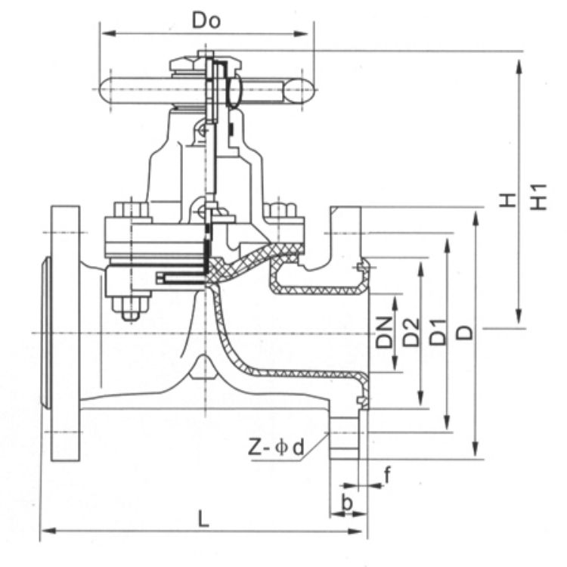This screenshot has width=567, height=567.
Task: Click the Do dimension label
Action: tap(206, 20)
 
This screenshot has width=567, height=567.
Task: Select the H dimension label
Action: tap(508, 199)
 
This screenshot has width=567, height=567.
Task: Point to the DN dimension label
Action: tap(386, 331)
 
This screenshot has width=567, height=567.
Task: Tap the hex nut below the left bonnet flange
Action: tap(130, 307)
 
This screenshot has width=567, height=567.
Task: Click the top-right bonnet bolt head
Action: tap(279, 209)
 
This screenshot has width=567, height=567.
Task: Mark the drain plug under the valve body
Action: tap(202, 369)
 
